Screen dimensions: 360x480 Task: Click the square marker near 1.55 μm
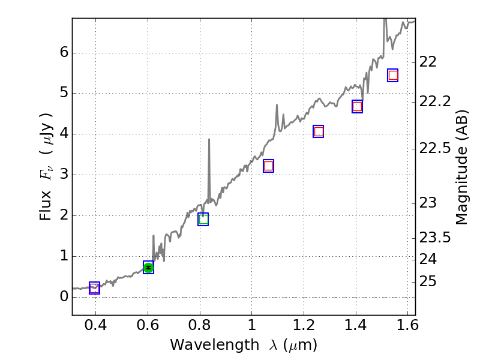(393, 75)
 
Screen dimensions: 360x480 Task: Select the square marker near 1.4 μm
(357, 106)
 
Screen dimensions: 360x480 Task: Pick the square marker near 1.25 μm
(319, 131)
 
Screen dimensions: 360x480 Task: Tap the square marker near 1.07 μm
(268, 166)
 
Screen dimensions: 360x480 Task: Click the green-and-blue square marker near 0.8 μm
(203, 219)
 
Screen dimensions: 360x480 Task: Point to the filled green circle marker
(148, 268)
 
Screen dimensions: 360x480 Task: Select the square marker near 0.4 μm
(94, 288)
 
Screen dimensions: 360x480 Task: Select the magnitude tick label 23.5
(435, 238)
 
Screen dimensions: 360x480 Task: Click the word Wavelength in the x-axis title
(204, 345)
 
